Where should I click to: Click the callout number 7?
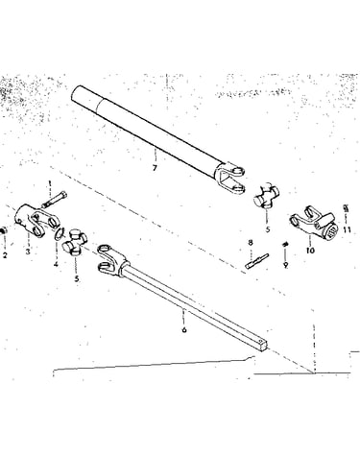[155, 168]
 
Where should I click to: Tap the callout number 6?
[184, 329]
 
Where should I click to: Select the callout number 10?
[310, 251]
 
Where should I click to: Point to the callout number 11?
[347, 229]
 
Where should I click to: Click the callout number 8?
[251, 243]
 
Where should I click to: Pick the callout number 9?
[285, 265]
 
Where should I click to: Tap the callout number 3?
[28, 252]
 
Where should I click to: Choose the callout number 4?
[56, 264]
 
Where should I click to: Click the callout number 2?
[5, 255]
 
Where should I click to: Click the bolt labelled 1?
[55, 199]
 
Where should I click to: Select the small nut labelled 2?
[3, 230]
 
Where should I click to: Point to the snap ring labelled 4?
[60, 233]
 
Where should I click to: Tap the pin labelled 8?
[257, 260]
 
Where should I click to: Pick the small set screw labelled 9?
[285, 245]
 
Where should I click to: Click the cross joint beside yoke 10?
[267, 196]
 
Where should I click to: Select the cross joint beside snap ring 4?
[76, 242]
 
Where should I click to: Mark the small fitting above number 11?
[346, 208]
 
